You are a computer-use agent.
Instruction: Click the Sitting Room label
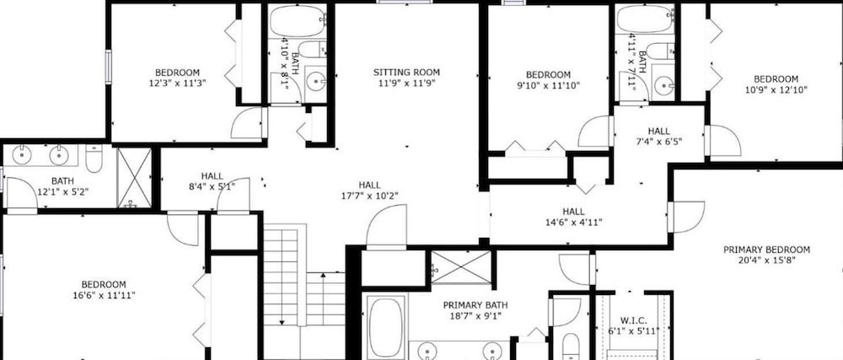[x=406, y=72]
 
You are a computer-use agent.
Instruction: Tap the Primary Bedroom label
[x=766, y=250]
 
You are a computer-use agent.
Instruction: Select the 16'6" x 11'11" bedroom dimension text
[x=104, y=295]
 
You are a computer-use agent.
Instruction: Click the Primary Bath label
[x=475, y=305]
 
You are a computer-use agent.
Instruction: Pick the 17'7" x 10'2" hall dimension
[x=369, y=196]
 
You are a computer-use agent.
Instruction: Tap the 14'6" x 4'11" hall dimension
[x=573, y=222]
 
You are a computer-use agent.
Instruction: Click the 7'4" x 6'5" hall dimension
[x=658, y=142]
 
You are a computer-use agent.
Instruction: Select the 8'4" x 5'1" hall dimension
[x=212, y=186]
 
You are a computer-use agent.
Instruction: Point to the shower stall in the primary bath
[x=461, y=267]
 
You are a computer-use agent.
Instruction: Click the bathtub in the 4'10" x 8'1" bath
[x=298, y=21]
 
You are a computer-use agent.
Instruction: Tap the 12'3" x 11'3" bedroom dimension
[x=177, y=83]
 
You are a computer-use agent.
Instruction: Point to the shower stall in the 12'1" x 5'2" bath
[x=134, y=178]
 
